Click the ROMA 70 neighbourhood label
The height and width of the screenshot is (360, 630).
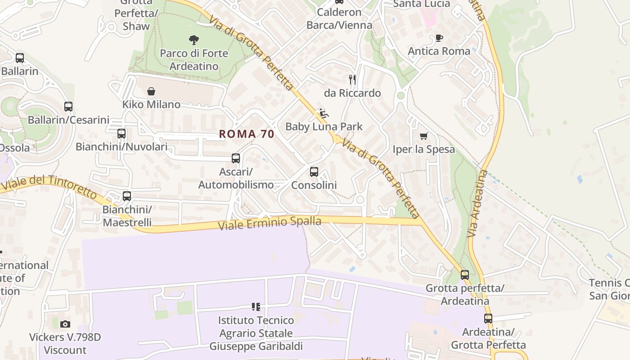(247, 134)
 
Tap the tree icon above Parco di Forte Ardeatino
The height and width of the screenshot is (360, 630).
(194, 40)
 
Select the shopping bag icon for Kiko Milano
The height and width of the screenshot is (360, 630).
(151, 91)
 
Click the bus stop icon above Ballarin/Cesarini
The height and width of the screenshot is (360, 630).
(68, 107)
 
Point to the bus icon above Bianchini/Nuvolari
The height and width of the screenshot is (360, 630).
(121, 134)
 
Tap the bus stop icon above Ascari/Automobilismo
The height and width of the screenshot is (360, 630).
(236, 158)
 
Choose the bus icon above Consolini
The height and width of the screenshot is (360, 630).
(314, 172)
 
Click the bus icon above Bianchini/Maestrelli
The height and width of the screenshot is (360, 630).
(127, 196)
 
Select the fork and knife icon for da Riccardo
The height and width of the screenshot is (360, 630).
(352, 80)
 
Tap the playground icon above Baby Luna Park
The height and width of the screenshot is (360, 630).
(324, 113)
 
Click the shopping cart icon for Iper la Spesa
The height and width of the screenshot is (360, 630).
(423, 136)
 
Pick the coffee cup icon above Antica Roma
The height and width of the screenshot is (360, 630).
(439, 38)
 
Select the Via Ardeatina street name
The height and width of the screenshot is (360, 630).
(477, 203)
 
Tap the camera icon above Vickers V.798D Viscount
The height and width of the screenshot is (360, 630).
(65, 324)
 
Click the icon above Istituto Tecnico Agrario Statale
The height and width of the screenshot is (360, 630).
(256, 307)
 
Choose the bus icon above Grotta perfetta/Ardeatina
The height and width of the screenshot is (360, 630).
(465, 274)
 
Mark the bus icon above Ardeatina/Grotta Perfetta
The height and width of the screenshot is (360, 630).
(488, 319)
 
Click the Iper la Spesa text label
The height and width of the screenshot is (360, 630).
(423, 149)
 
